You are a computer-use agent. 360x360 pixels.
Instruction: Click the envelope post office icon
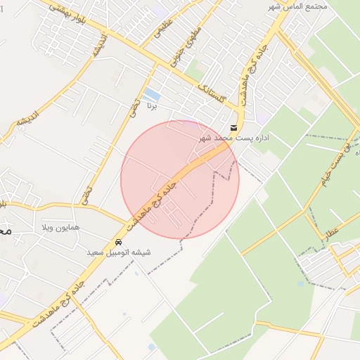(233, 127)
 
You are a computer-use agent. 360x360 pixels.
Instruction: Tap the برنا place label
(150, 107)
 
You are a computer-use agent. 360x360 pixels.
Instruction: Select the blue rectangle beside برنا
(150, 94)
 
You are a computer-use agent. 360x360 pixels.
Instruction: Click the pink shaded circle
(180, 179)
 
